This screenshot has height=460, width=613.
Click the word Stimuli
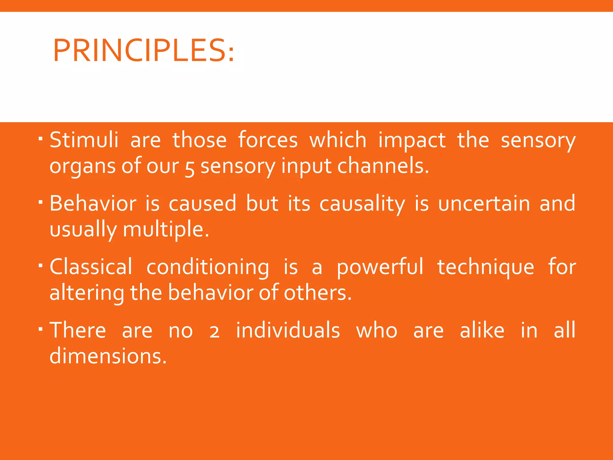(x=84, y=140)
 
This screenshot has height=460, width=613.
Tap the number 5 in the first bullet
(x=189, y=168)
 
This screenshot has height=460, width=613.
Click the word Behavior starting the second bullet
(x=93, y=204)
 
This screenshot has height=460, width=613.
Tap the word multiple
(x=166, y=230)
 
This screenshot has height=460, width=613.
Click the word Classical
(x=91, y=267)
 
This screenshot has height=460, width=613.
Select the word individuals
(x=288, y=330)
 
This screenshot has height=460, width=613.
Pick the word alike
(x=482, y=330)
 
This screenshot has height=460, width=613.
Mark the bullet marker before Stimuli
(x=41, y=139)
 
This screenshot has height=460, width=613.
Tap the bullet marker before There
(x=41, y=329)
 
